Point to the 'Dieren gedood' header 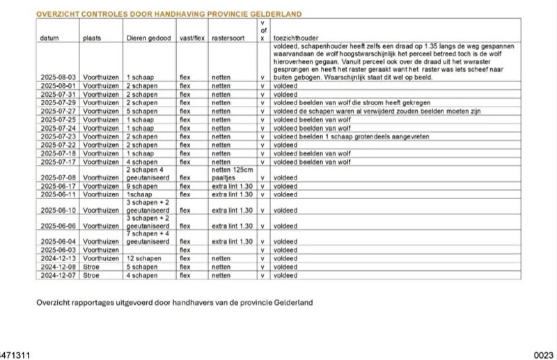[148, 38]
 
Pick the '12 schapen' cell [144, 258]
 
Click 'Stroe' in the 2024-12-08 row [92, 267]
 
